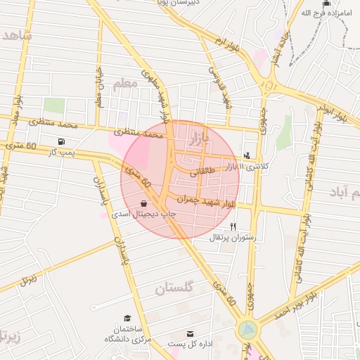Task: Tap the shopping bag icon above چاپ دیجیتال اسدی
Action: click(x=144, y=203)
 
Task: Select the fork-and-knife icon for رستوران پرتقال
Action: click(x=233, y=226)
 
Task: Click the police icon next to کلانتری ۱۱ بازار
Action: click(x=246, y=155)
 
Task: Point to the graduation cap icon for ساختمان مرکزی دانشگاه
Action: click(x=127, y=319)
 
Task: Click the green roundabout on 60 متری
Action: click(x=247, y=328)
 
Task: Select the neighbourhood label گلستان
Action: click(x=174, y=288)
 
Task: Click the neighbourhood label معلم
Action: click(x=122, y=84)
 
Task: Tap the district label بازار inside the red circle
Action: click(x=200, y=136)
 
